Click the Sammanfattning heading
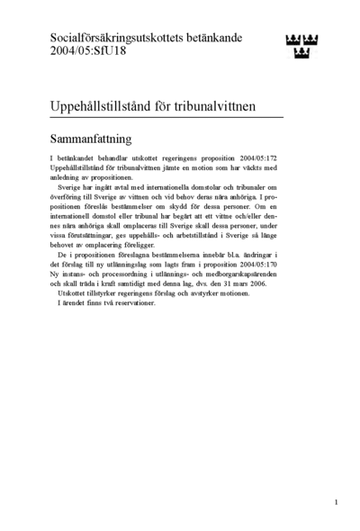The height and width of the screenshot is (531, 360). click(x=92, y=139)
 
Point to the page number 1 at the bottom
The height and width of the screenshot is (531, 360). click(x=335, y=501)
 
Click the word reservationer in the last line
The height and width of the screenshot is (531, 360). click(x=134, y=301)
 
